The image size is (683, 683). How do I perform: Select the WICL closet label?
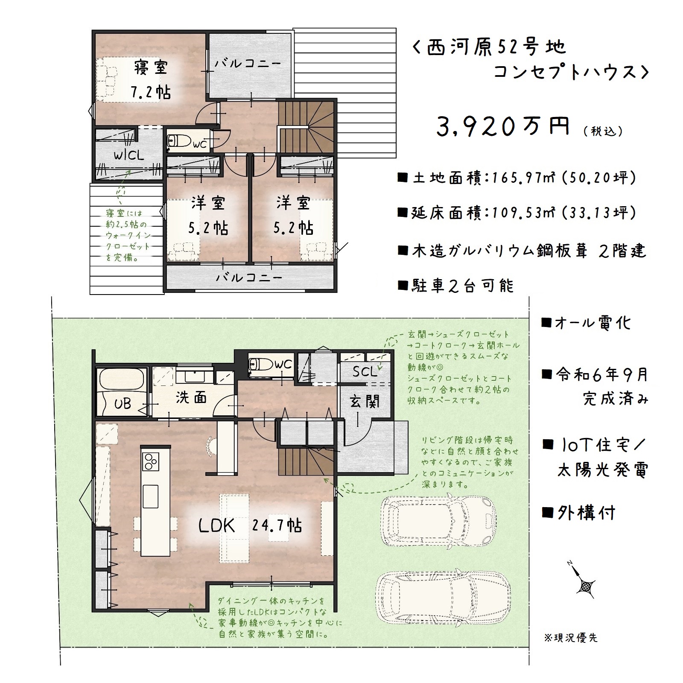(x=129, y=155)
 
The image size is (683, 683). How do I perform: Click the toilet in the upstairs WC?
(x=175, y=142)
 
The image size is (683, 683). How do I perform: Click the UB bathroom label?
(x=123, y=403)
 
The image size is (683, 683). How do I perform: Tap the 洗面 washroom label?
(x=191, y=398)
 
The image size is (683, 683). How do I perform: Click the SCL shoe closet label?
(x=365, y=371)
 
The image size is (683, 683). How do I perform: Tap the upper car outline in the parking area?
(x=439, y=521)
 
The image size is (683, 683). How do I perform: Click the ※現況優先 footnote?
(x=571, y=638)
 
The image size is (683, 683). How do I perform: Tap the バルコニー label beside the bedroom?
(x=248, y=64)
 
